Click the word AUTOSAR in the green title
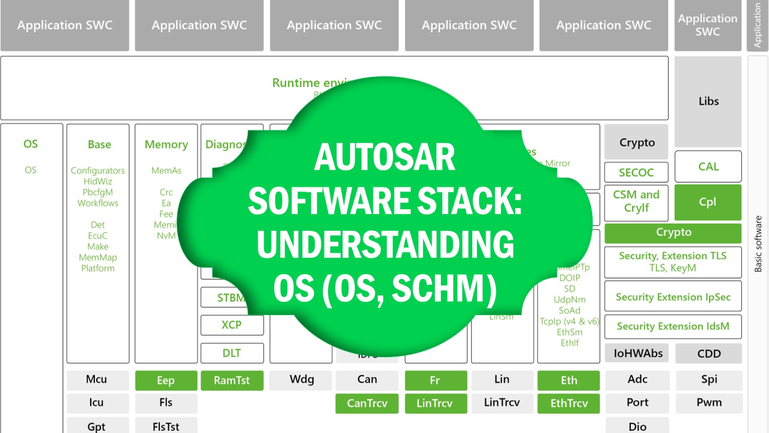384,158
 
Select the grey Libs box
708,102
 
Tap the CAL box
708,167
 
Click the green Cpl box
708,202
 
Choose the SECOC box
636,173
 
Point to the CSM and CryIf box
636,201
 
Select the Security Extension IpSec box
673,297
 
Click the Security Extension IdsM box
673,327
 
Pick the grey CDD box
709,354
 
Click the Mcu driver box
97,379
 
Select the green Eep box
166,380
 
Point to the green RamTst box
232,380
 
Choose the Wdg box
301,379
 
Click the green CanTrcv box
366,403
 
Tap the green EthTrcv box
568,403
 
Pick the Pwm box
709,402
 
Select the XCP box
232,325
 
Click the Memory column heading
166,144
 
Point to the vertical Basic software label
758,244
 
